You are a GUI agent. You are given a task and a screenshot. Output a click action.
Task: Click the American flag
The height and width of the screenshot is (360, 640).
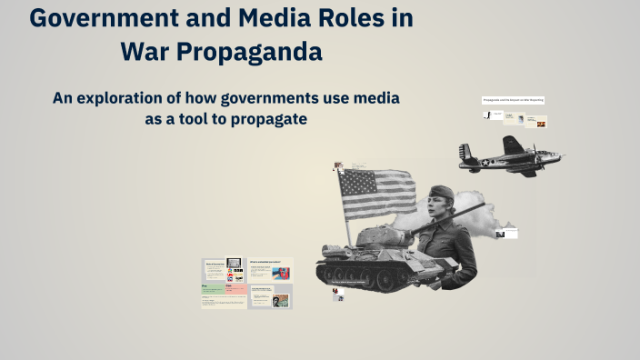[x=376, y=193]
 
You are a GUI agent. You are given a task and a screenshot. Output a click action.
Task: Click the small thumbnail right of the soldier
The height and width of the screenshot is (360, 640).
[x=506, y=234]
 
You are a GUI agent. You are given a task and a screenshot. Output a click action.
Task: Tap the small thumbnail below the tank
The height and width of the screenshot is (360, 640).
[x=337, y=295]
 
